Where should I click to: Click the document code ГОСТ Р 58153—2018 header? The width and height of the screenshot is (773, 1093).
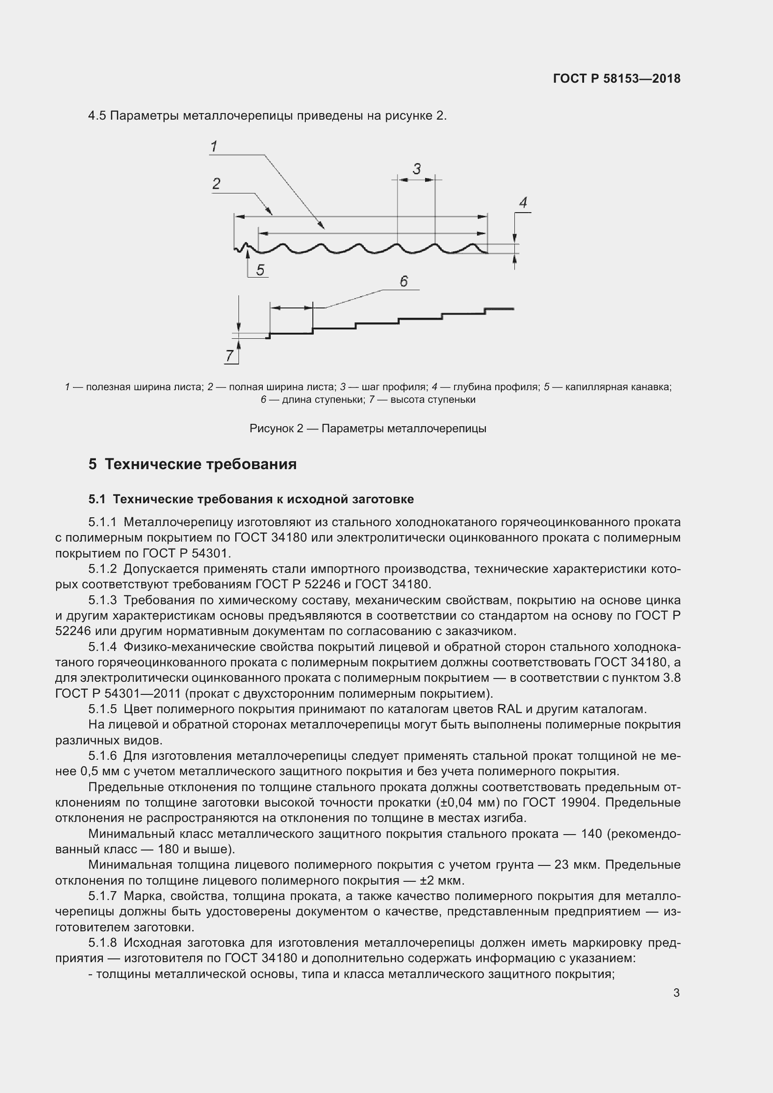pyautogui.click(x=617, y=79)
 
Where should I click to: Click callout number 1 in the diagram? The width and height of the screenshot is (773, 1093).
pyautogui.click(x=214, y=146)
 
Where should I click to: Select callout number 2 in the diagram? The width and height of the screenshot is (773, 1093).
pyautogui.click(x=216, y=184)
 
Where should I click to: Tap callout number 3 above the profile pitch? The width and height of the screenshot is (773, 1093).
pyautogui.click(x=417, y=169)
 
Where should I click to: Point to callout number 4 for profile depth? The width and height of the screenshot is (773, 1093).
pyautogui.click(x=523, y=203)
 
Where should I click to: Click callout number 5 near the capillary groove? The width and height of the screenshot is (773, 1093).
pyautogui.click(x=260, y=271)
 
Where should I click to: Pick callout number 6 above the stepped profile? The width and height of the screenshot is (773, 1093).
pyautogui.click(x=404, y=281)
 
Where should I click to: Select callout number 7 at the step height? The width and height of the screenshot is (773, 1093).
pyautogui.click(x=230, y=356)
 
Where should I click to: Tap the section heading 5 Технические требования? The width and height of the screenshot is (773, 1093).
pyautogui.click(x=192, y=464)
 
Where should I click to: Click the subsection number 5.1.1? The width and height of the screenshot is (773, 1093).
pyautogui.click(x=102, y=522)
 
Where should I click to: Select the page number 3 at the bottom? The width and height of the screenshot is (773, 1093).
pyautogui.click(x=676, y=993)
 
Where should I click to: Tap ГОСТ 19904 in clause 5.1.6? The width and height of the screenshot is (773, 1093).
pyautogui.click(x=560, y=803)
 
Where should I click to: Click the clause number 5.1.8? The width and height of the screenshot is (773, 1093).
pyautogui.click(x=102, y=943)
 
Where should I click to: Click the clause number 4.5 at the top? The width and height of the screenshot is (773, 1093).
pyautogui.click(x=97, y=116)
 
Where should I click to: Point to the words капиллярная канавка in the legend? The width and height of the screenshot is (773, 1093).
pyautogui.click(x=618, y=387)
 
